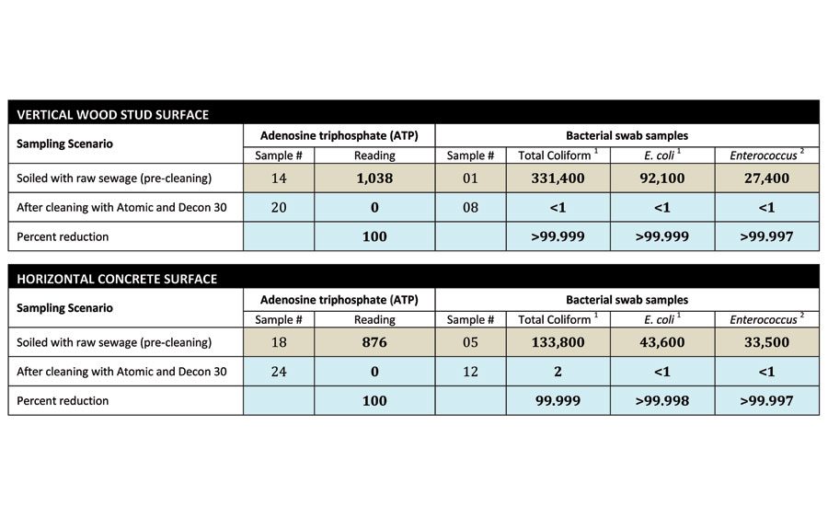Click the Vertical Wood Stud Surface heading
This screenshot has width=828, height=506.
click(113, 115)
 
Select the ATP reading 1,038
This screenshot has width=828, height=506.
click(374, 178)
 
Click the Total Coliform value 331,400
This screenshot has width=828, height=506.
click(558, 178)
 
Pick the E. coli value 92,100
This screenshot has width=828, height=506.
click(662, 178)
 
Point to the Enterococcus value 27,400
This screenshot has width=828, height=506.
click(766, 178)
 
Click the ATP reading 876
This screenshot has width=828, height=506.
click(374, 342)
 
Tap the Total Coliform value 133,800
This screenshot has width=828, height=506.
click(558, 342)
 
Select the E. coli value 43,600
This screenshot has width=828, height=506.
click(662, 342)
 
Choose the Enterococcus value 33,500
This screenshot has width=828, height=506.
click(766, 342)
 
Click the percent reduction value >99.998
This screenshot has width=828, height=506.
click(662, 401)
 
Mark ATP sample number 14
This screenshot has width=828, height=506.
click(279, 178)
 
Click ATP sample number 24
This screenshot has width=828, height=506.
click(279, 372)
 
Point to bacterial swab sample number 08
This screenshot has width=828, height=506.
click(470, 207)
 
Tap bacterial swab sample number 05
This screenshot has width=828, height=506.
click(470, 342)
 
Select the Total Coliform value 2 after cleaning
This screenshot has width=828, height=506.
click(558, 372)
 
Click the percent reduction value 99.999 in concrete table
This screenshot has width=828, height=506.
click(558, 401)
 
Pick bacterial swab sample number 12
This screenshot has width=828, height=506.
click(470, 372)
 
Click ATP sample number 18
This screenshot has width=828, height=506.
click(279, 342)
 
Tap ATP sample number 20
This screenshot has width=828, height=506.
click(279, 207)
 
